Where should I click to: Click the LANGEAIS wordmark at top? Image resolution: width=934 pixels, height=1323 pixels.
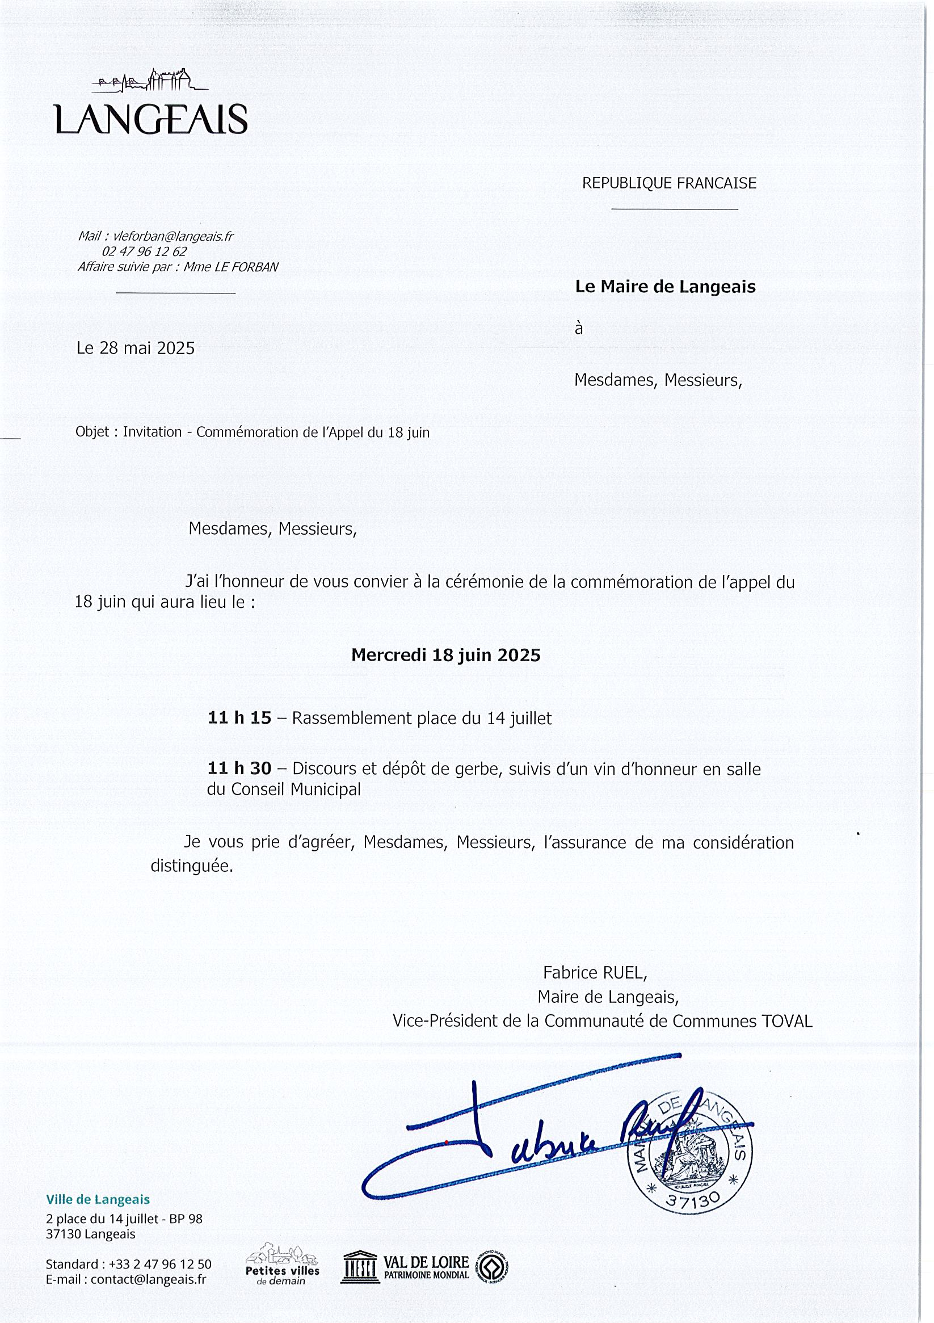click(x=151, y=119)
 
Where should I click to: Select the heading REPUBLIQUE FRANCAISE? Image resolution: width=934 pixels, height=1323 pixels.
click(x=669, y=183)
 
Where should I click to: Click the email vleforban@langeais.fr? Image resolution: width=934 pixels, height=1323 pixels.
click(x=173, y=236)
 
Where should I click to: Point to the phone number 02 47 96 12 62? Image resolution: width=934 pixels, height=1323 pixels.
click(x=144, y=252)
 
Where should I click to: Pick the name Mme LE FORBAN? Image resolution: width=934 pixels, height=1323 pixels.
click(x=231, y=267)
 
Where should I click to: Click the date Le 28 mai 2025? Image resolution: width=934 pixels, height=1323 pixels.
click(x=136, y=348)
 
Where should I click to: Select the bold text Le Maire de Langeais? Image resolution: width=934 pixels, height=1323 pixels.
click(x=665, y=287)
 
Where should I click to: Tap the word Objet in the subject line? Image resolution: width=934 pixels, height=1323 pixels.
click(x=92, y=432)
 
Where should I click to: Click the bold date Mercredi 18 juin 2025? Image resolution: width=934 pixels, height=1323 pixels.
click(x=445, y=655)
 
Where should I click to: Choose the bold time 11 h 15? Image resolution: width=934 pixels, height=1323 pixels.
click(x=239, y=718)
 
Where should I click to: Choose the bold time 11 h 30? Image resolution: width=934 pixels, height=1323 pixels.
click(x=239, y=768)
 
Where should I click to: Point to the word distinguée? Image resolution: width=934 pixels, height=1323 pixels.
click(x=192, y=866)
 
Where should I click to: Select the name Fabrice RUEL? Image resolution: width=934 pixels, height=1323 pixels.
click(x=594, y=973)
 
